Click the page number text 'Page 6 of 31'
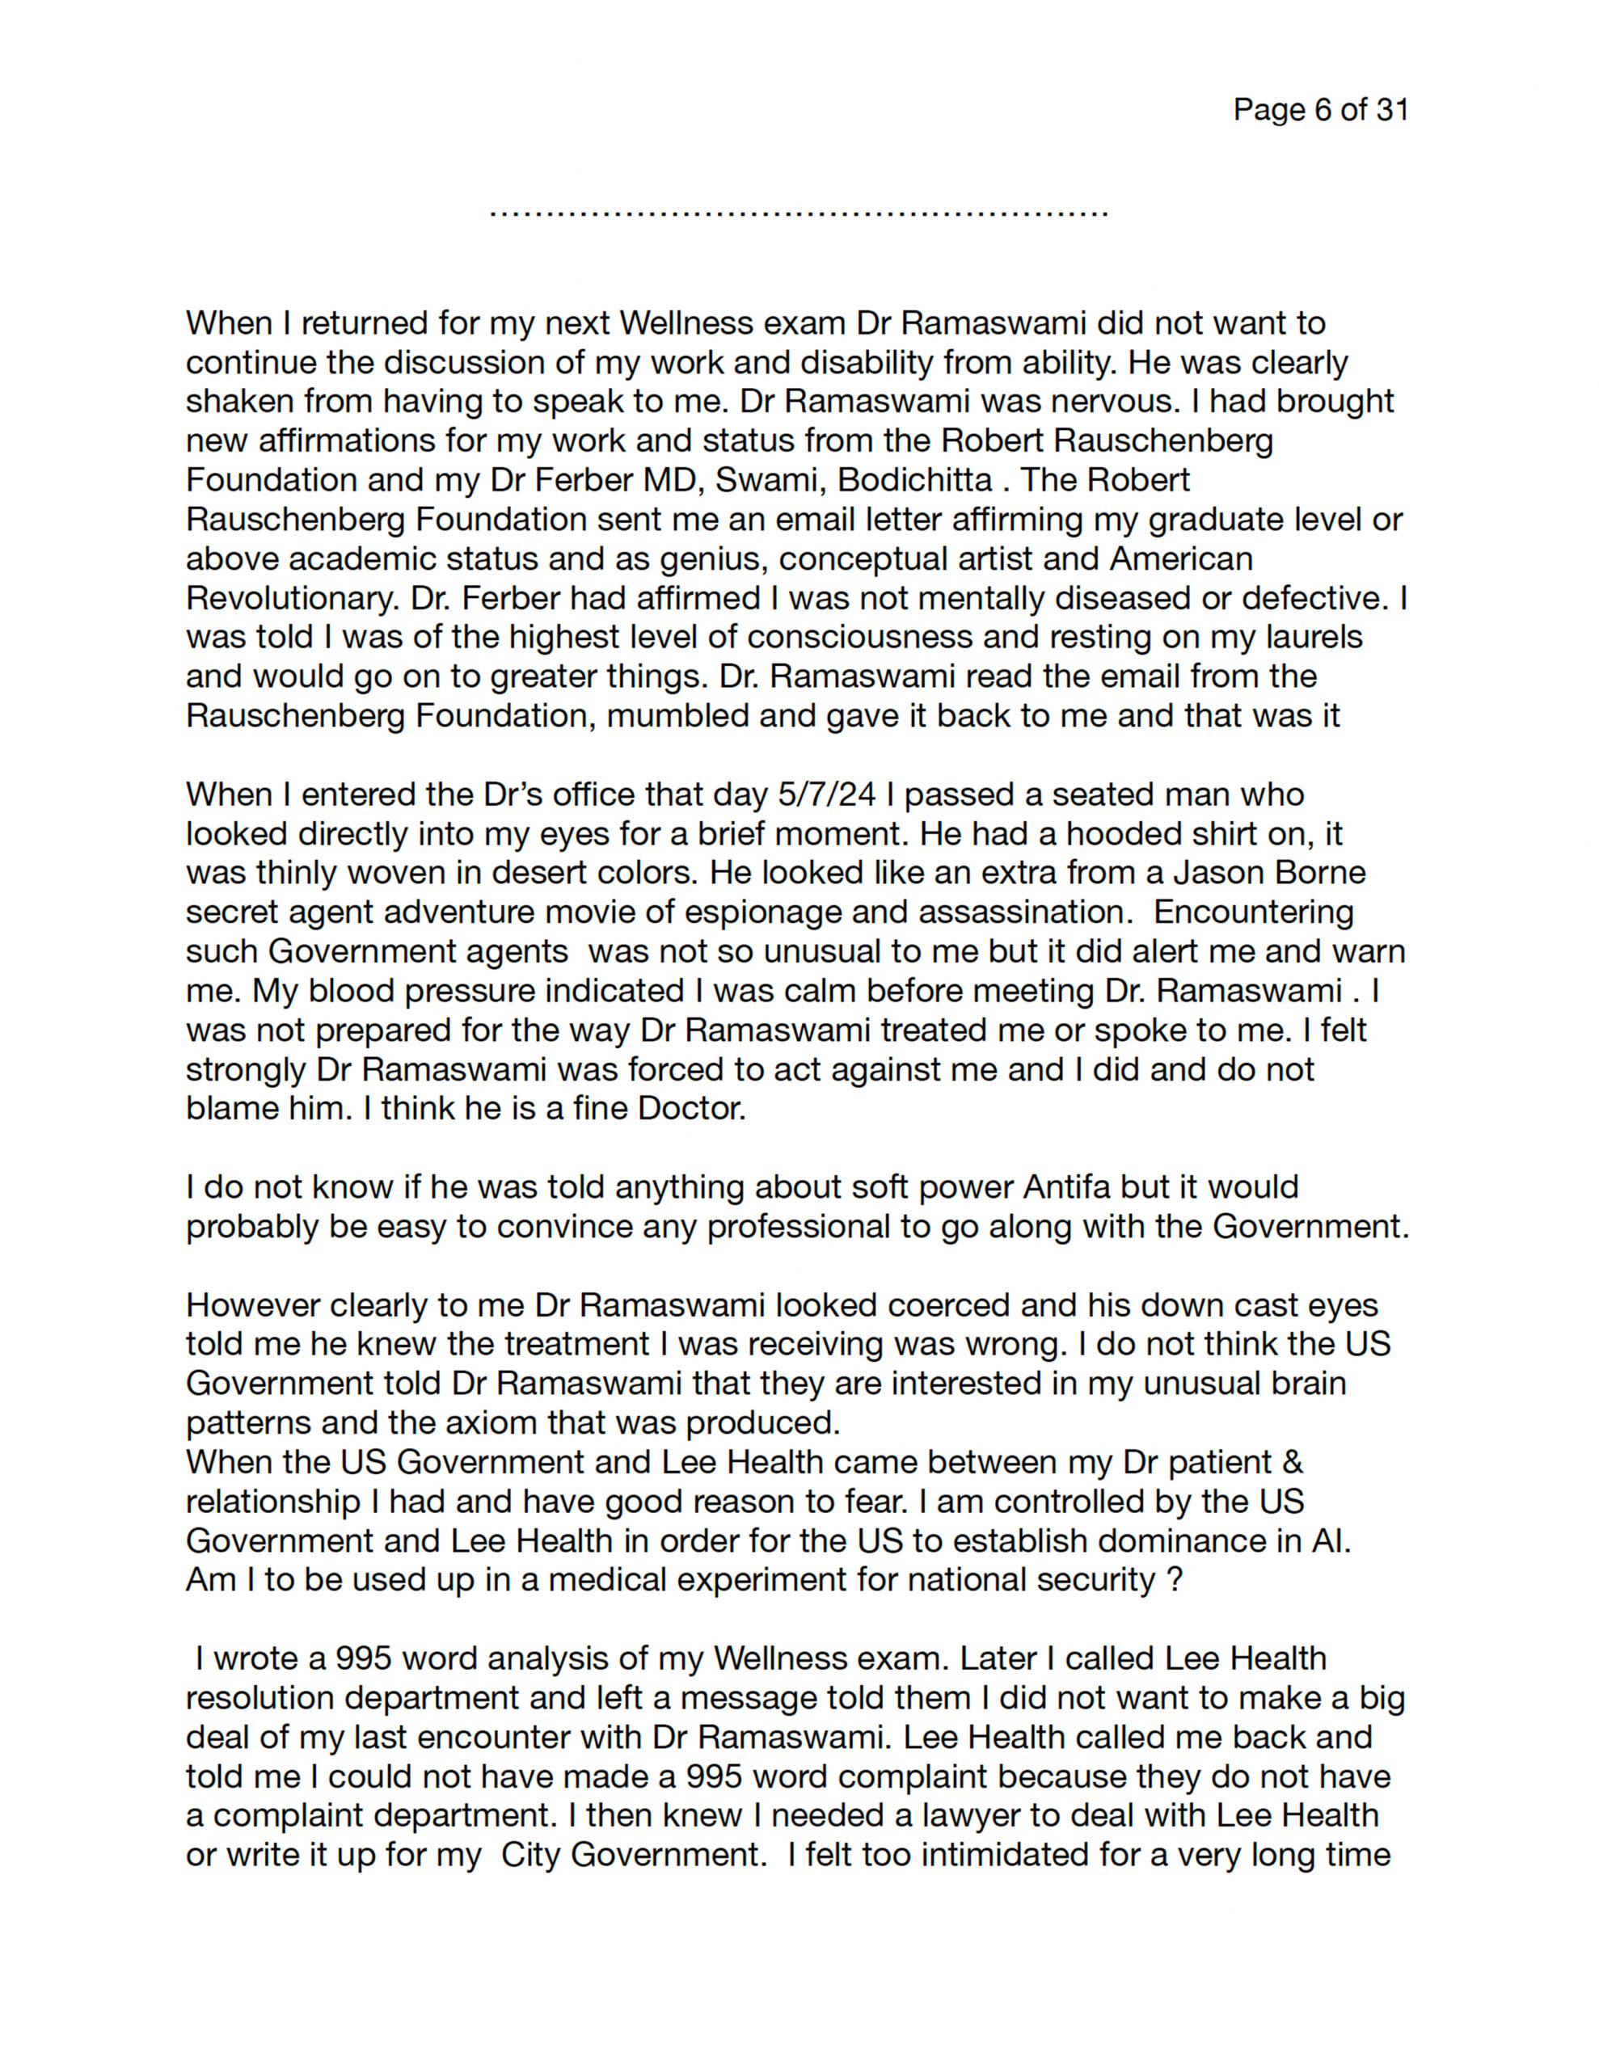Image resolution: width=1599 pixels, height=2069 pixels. [x=1319, y=110]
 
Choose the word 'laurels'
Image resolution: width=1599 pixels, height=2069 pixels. [x=1314, y=638]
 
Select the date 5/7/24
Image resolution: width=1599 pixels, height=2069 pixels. [x=826, y=794]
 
